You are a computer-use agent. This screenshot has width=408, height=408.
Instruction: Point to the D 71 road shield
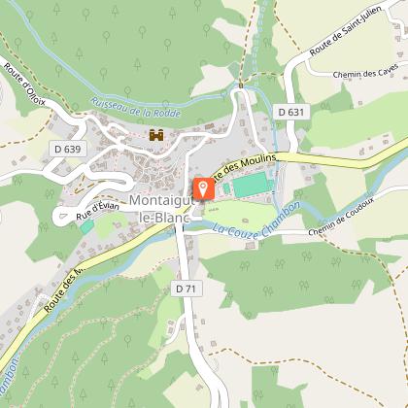[x=187, y=289]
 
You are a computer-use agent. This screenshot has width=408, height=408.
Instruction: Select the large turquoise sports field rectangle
[x=249, y=183]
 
